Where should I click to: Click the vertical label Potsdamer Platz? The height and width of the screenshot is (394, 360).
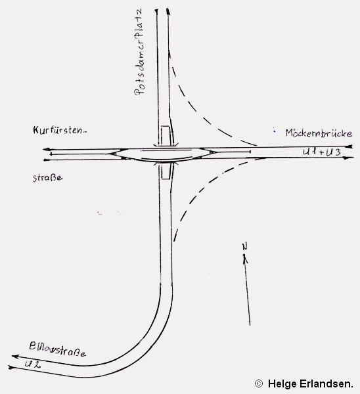coord(139,52)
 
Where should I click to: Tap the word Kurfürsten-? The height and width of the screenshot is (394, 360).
coord(60,131)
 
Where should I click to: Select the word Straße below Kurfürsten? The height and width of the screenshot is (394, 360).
coord(47,178)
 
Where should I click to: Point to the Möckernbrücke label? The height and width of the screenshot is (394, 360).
coord(319,133)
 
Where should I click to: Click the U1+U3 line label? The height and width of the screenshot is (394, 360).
coord(322,152)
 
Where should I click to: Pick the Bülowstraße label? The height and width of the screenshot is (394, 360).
coord(57,349)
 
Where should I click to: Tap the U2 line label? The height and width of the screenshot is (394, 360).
coord(33,364)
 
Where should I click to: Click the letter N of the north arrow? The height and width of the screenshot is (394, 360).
coord(245,246)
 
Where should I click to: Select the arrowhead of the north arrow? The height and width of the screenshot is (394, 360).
coord(244,259)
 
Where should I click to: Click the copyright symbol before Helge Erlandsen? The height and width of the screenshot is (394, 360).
coord(259,383)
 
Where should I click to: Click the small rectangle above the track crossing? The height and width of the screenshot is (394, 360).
coord(166,136)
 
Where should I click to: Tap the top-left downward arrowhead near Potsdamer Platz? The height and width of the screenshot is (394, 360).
coord(156,11)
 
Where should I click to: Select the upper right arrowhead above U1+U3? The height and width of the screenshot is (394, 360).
coord(350,146)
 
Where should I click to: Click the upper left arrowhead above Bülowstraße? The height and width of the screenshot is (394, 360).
coord(15,357)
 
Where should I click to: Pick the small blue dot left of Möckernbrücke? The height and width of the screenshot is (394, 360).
coord(274,131)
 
